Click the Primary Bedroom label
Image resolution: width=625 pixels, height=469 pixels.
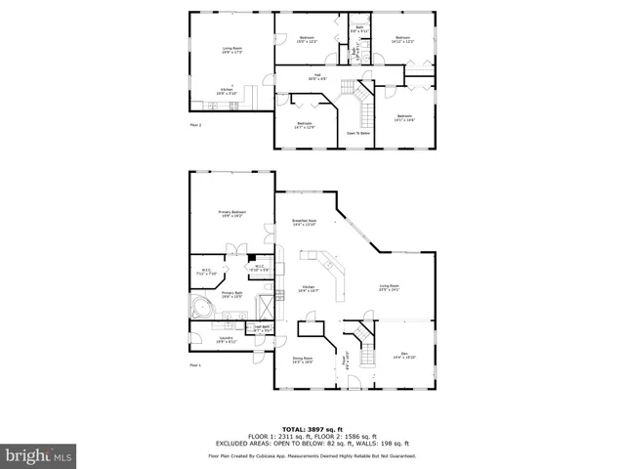point(232,214)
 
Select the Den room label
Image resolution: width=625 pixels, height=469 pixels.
point(404,356)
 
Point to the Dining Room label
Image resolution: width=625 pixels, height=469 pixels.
point(303,361)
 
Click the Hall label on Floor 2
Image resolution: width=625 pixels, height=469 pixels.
point(312,77)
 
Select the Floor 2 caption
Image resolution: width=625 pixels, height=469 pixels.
point(195,124)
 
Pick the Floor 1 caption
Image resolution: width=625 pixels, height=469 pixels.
point(195,365)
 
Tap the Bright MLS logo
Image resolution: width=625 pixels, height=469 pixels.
point(39,455)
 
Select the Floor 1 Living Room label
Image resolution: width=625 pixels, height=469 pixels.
point(389,288)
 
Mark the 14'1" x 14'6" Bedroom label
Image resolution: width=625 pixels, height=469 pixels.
point(404,118)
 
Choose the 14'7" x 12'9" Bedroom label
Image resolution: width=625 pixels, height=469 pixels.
point(305,125)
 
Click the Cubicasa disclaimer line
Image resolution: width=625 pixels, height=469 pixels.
point(312,456)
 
